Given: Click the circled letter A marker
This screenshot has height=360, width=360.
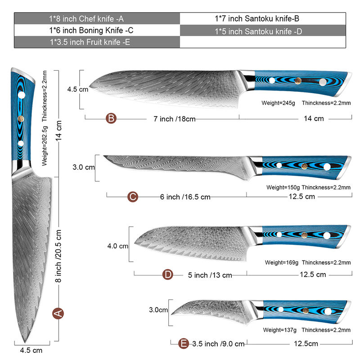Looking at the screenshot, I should tap(58, 313).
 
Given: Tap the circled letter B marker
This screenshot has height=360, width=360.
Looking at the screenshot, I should tap(112, 119).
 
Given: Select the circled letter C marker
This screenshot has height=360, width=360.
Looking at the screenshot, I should tap(132, 197).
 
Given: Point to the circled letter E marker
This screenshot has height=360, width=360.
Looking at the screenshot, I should tap(183, 344).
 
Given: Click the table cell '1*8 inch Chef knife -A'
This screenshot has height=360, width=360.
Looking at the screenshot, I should tap(97, 18).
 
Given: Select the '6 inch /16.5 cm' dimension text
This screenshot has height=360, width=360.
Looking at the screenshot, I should tap(185, 197).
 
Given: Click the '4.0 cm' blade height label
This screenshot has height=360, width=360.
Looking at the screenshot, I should tap(118, 246).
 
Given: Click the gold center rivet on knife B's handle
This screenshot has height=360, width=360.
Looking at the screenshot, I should tap(298, 81).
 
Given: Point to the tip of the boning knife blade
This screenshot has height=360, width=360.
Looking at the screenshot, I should tap(104, 156).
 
